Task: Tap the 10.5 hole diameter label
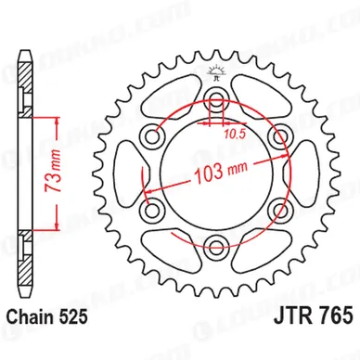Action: coord(235,134)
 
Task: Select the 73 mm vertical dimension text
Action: coord(52,174)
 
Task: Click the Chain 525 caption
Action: coord(47,317)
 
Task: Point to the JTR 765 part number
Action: coord(313,315)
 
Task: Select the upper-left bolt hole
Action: coord(151,136)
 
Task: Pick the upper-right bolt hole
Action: coord(279,135)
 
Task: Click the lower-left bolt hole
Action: coord(151,211)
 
